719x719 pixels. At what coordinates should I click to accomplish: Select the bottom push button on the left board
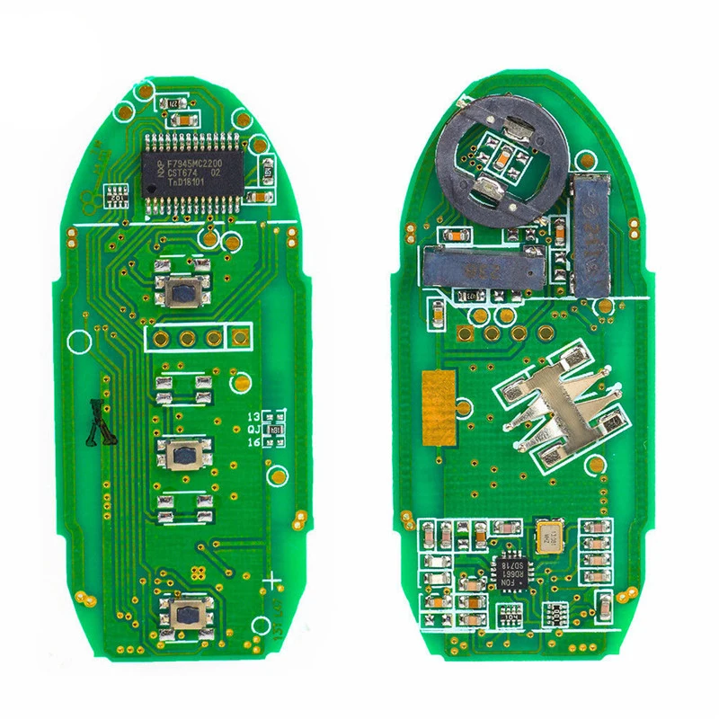(x=188, y=615)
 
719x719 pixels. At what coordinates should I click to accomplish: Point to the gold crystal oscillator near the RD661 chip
(x=546, y=537)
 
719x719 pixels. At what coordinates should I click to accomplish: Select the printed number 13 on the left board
(x=253, y=417)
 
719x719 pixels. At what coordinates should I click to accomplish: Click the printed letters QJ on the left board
(x=253, y=430)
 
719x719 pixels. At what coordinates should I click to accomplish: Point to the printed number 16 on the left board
(x=253, y=443)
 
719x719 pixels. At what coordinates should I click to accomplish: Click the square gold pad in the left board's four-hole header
(x=239, y=338)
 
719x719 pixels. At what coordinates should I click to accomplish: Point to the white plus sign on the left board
(x=272, y=581)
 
